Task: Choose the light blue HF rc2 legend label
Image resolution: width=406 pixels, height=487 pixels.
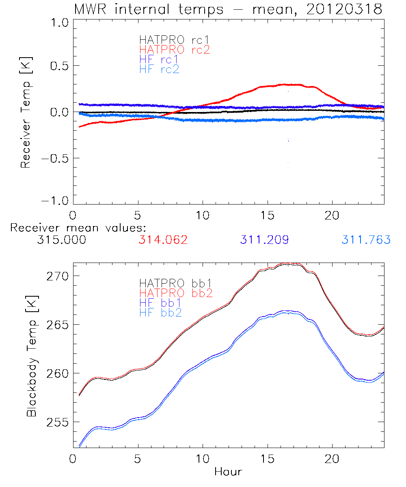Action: (x=159, y=69)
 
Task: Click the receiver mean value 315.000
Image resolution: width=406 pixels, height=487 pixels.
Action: (x=61, y=240)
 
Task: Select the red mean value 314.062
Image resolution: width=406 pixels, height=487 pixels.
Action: (x=163, y=240)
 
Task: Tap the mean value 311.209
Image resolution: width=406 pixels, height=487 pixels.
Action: (x=264, y=240)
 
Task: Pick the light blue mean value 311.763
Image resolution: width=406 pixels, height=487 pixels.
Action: (x=366, y=240)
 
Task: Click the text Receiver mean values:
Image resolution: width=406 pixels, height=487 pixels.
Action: (x=78, y=228)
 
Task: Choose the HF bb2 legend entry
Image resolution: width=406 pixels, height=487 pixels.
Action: (x=160, y=312)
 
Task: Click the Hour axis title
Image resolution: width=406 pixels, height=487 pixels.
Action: (x=228, y=472)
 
